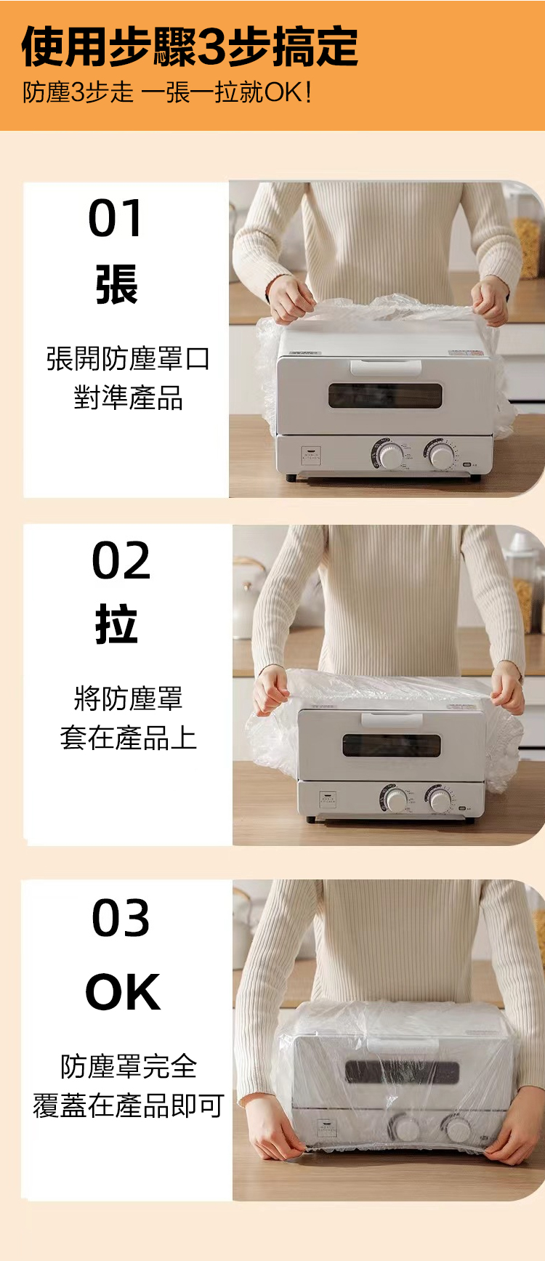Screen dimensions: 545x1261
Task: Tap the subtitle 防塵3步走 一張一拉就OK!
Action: point(168,92)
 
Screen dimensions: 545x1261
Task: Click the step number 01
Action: point(116,218)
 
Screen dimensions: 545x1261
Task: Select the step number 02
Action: point(121,560)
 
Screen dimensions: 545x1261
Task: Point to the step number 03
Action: point(121,917)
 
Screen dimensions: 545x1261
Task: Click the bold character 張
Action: point(116,284)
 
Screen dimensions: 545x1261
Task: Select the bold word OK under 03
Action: point(123,992)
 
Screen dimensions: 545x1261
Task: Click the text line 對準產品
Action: point(128,398)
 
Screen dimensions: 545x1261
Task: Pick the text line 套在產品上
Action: point(128,737)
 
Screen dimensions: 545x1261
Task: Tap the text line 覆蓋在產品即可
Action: point(128,1105)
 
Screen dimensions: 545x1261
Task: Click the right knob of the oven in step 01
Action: point(440,455)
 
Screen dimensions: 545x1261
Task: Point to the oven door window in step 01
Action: point(385,395)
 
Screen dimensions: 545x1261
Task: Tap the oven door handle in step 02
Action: point(392,719)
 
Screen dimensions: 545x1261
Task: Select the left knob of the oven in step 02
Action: point(396,799)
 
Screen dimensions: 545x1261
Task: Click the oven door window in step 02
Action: point(392,746)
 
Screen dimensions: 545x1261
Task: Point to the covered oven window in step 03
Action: point(402,1071)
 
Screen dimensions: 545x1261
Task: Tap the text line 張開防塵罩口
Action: point(128,358)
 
